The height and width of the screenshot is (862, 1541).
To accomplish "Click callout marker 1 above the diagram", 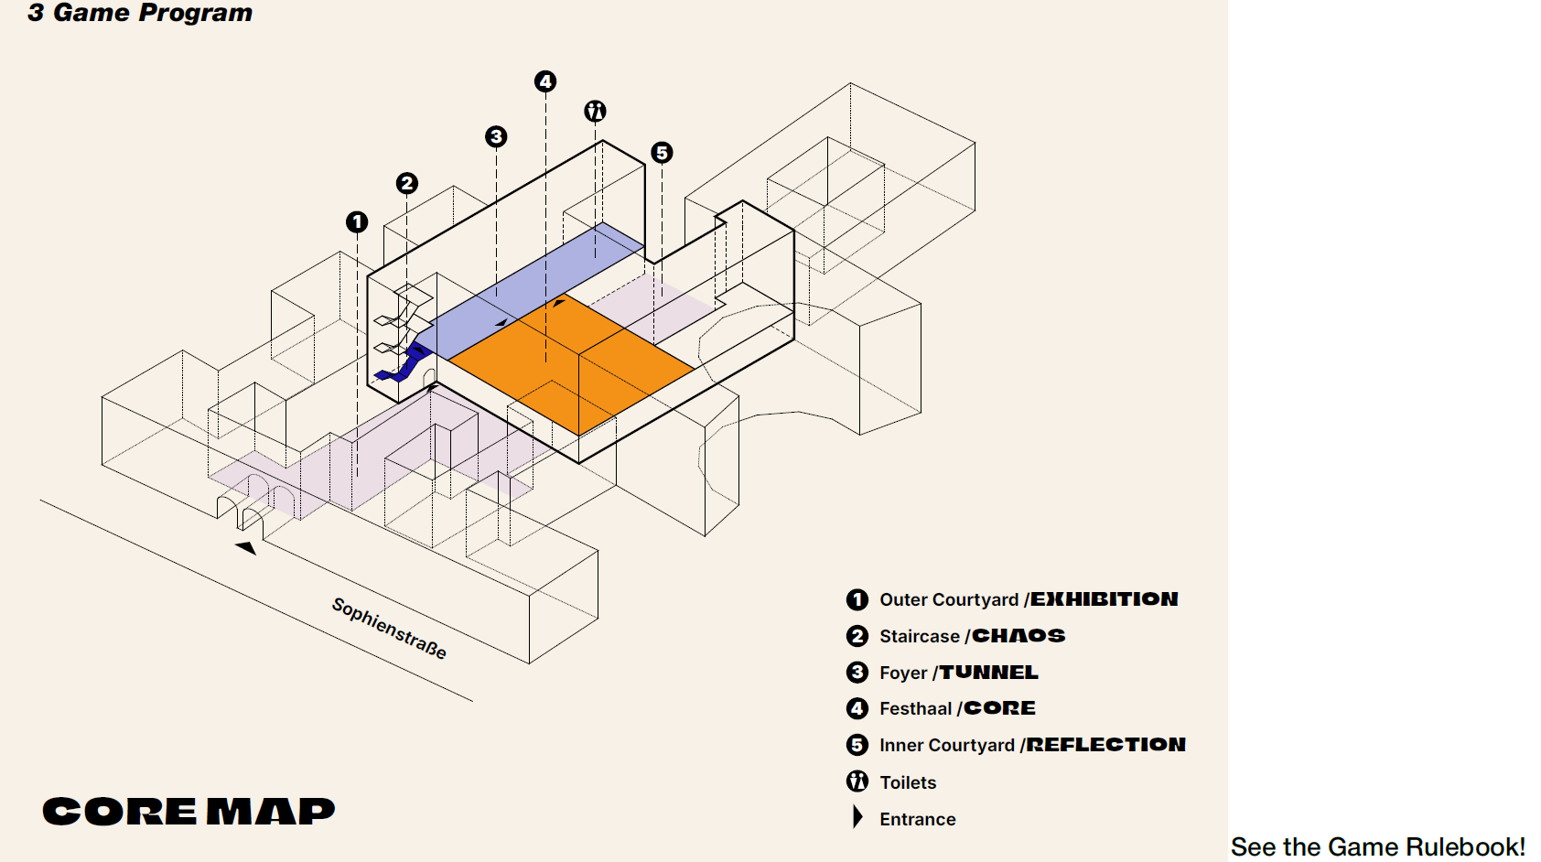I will coord(357,221).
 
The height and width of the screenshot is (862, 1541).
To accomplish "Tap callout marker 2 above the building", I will coord(407,183).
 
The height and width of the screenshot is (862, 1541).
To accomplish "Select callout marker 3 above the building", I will coord(496,136).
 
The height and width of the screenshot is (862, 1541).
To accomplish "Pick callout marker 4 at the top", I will coord(545,81).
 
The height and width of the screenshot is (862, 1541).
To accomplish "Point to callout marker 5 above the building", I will coord(662,152).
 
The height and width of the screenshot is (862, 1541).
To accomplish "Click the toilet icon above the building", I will coord(595,112).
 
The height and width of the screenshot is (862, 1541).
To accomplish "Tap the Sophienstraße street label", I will coord(389,628).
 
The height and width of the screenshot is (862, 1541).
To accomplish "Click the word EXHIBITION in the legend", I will coord(1105,599).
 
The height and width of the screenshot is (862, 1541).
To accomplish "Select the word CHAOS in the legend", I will coord(1018,636).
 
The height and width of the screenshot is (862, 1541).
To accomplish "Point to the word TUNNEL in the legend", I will coord(989,673).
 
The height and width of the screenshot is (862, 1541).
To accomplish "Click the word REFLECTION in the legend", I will coord(1105,745).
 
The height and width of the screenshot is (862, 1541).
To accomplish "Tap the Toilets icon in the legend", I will coord(857,781).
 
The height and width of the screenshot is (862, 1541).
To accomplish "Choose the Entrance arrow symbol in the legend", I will coord(857,817).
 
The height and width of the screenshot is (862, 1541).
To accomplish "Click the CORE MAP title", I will coord(189,812).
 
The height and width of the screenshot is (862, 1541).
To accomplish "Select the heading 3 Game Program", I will coord(140,13).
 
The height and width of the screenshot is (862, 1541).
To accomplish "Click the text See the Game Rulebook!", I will coord(1377,846).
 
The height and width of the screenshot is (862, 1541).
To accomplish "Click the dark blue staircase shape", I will coord(406,363).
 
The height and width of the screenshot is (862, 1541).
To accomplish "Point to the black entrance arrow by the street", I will coord(246,547).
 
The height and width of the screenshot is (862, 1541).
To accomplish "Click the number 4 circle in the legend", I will coord(857,708).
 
